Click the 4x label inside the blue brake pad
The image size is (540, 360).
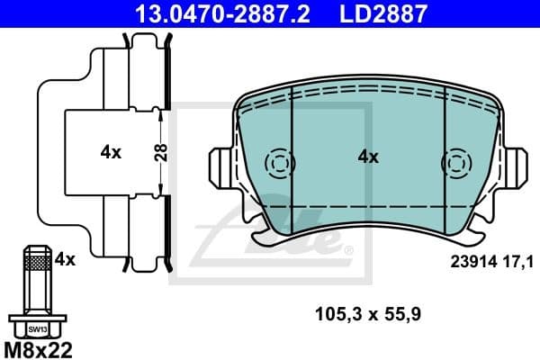pos(367,157)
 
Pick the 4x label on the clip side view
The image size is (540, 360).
pos(110,152)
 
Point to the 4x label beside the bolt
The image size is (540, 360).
pos(64,259)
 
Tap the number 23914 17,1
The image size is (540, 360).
pos(491,262)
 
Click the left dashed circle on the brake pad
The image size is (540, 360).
pos(279,165)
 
